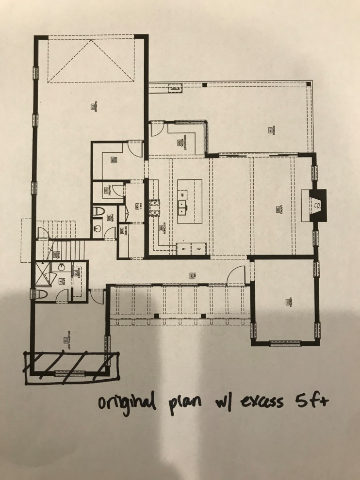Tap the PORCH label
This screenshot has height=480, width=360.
coord(268,129)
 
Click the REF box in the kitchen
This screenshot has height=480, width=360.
coord(184,249)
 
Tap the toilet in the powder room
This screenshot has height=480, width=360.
coord(99,212)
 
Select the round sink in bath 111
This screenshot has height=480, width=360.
coord(62,267)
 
